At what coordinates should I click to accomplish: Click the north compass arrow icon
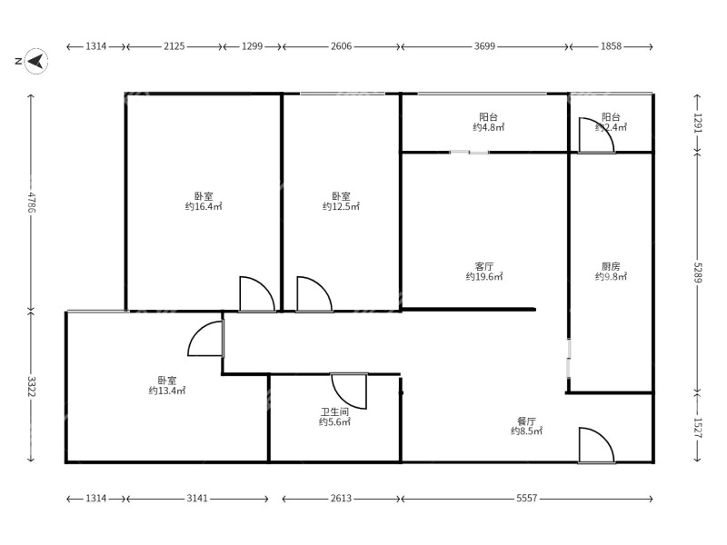coord(35,61)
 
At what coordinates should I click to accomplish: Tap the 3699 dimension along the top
coord(484,45)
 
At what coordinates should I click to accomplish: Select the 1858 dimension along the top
coord(611,45)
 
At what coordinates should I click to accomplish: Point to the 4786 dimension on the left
coord(31,202)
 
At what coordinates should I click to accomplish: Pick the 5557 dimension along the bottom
coord(526,499)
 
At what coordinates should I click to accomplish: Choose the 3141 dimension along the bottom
coord(197,499)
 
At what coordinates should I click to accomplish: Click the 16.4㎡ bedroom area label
coord(204,207)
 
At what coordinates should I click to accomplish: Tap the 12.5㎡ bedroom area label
coord(341,207)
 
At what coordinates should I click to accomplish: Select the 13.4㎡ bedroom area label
coord(167,391)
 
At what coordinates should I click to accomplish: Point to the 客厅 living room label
coord(484,265)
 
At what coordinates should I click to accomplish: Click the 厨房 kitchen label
coord(611,267)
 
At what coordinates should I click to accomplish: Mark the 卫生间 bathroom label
coord(334,411)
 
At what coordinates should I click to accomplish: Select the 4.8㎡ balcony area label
coord(488,128)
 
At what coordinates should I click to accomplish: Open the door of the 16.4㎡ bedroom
coord(255,295)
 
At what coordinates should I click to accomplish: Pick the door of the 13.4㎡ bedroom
coord(206,339)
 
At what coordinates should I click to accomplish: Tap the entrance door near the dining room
coord(595,446)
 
